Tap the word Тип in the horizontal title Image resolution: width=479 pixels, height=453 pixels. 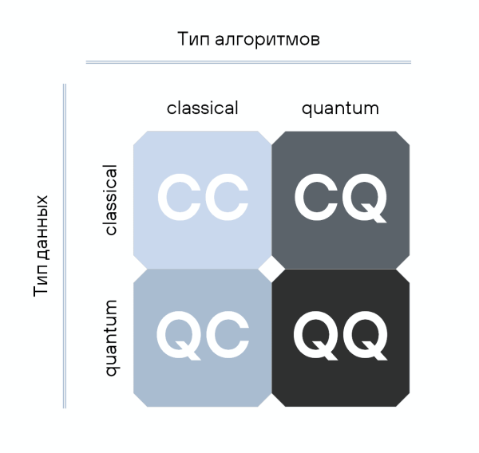tap(193, 38)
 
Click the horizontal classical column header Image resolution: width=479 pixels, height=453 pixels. tap(202, 108)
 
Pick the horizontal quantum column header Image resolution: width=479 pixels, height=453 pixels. tap(340, 108)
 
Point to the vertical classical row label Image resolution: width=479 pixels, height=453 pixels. tap(110, 199)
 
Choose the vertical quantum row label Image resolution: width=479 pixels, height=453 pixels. tap(111, 337)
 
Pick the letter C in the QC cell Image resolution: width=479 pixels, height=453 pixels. tap(226, 334)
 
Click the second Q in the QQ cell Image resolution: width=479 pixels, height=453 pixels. tap(364, 334)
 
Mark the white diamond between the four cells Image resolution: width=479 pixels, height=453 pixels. tap(271, 269)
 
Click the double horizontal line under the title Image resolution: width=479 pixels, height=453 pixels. tap(248, 61)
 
